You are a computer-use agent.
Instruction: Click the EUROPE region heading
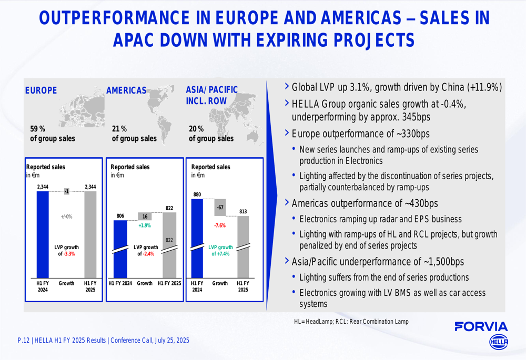[x=41, y=90]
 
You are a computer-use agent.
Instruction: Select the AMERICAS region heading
[x=126, y=90]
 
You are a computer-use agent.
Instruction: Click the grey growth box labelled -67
[x=220, y=208]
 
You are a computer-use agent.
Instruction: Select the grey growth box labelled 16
[x=145, y=216]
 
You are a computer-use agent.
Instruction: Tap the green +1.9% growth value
[x=145, y=225]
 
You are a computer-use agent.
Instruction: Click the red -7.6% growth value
[x=220, y=225]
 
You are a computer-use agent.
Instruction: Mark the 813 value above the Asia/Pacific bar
[x=242, y=212]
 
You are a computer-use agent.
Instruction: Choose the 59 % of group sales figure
[x=37, y=129]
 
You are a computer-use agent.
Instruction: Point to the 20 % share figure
[x=196, y=129]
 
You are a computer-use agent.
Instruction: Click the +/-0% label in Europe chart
[x=66, y=217]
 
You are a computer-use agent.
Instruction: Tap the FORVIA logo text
[x=481, y=327]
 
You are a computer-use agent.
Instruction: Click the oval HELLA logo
[x=499, y=342]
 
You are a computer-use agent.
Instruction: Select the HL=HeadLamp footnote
[x=351, y=321]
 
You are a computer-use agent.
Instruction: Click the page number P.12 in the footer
[x=23, y=341]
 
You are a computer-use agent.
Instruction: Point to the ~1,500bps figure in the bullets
[x=443, y=261]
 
